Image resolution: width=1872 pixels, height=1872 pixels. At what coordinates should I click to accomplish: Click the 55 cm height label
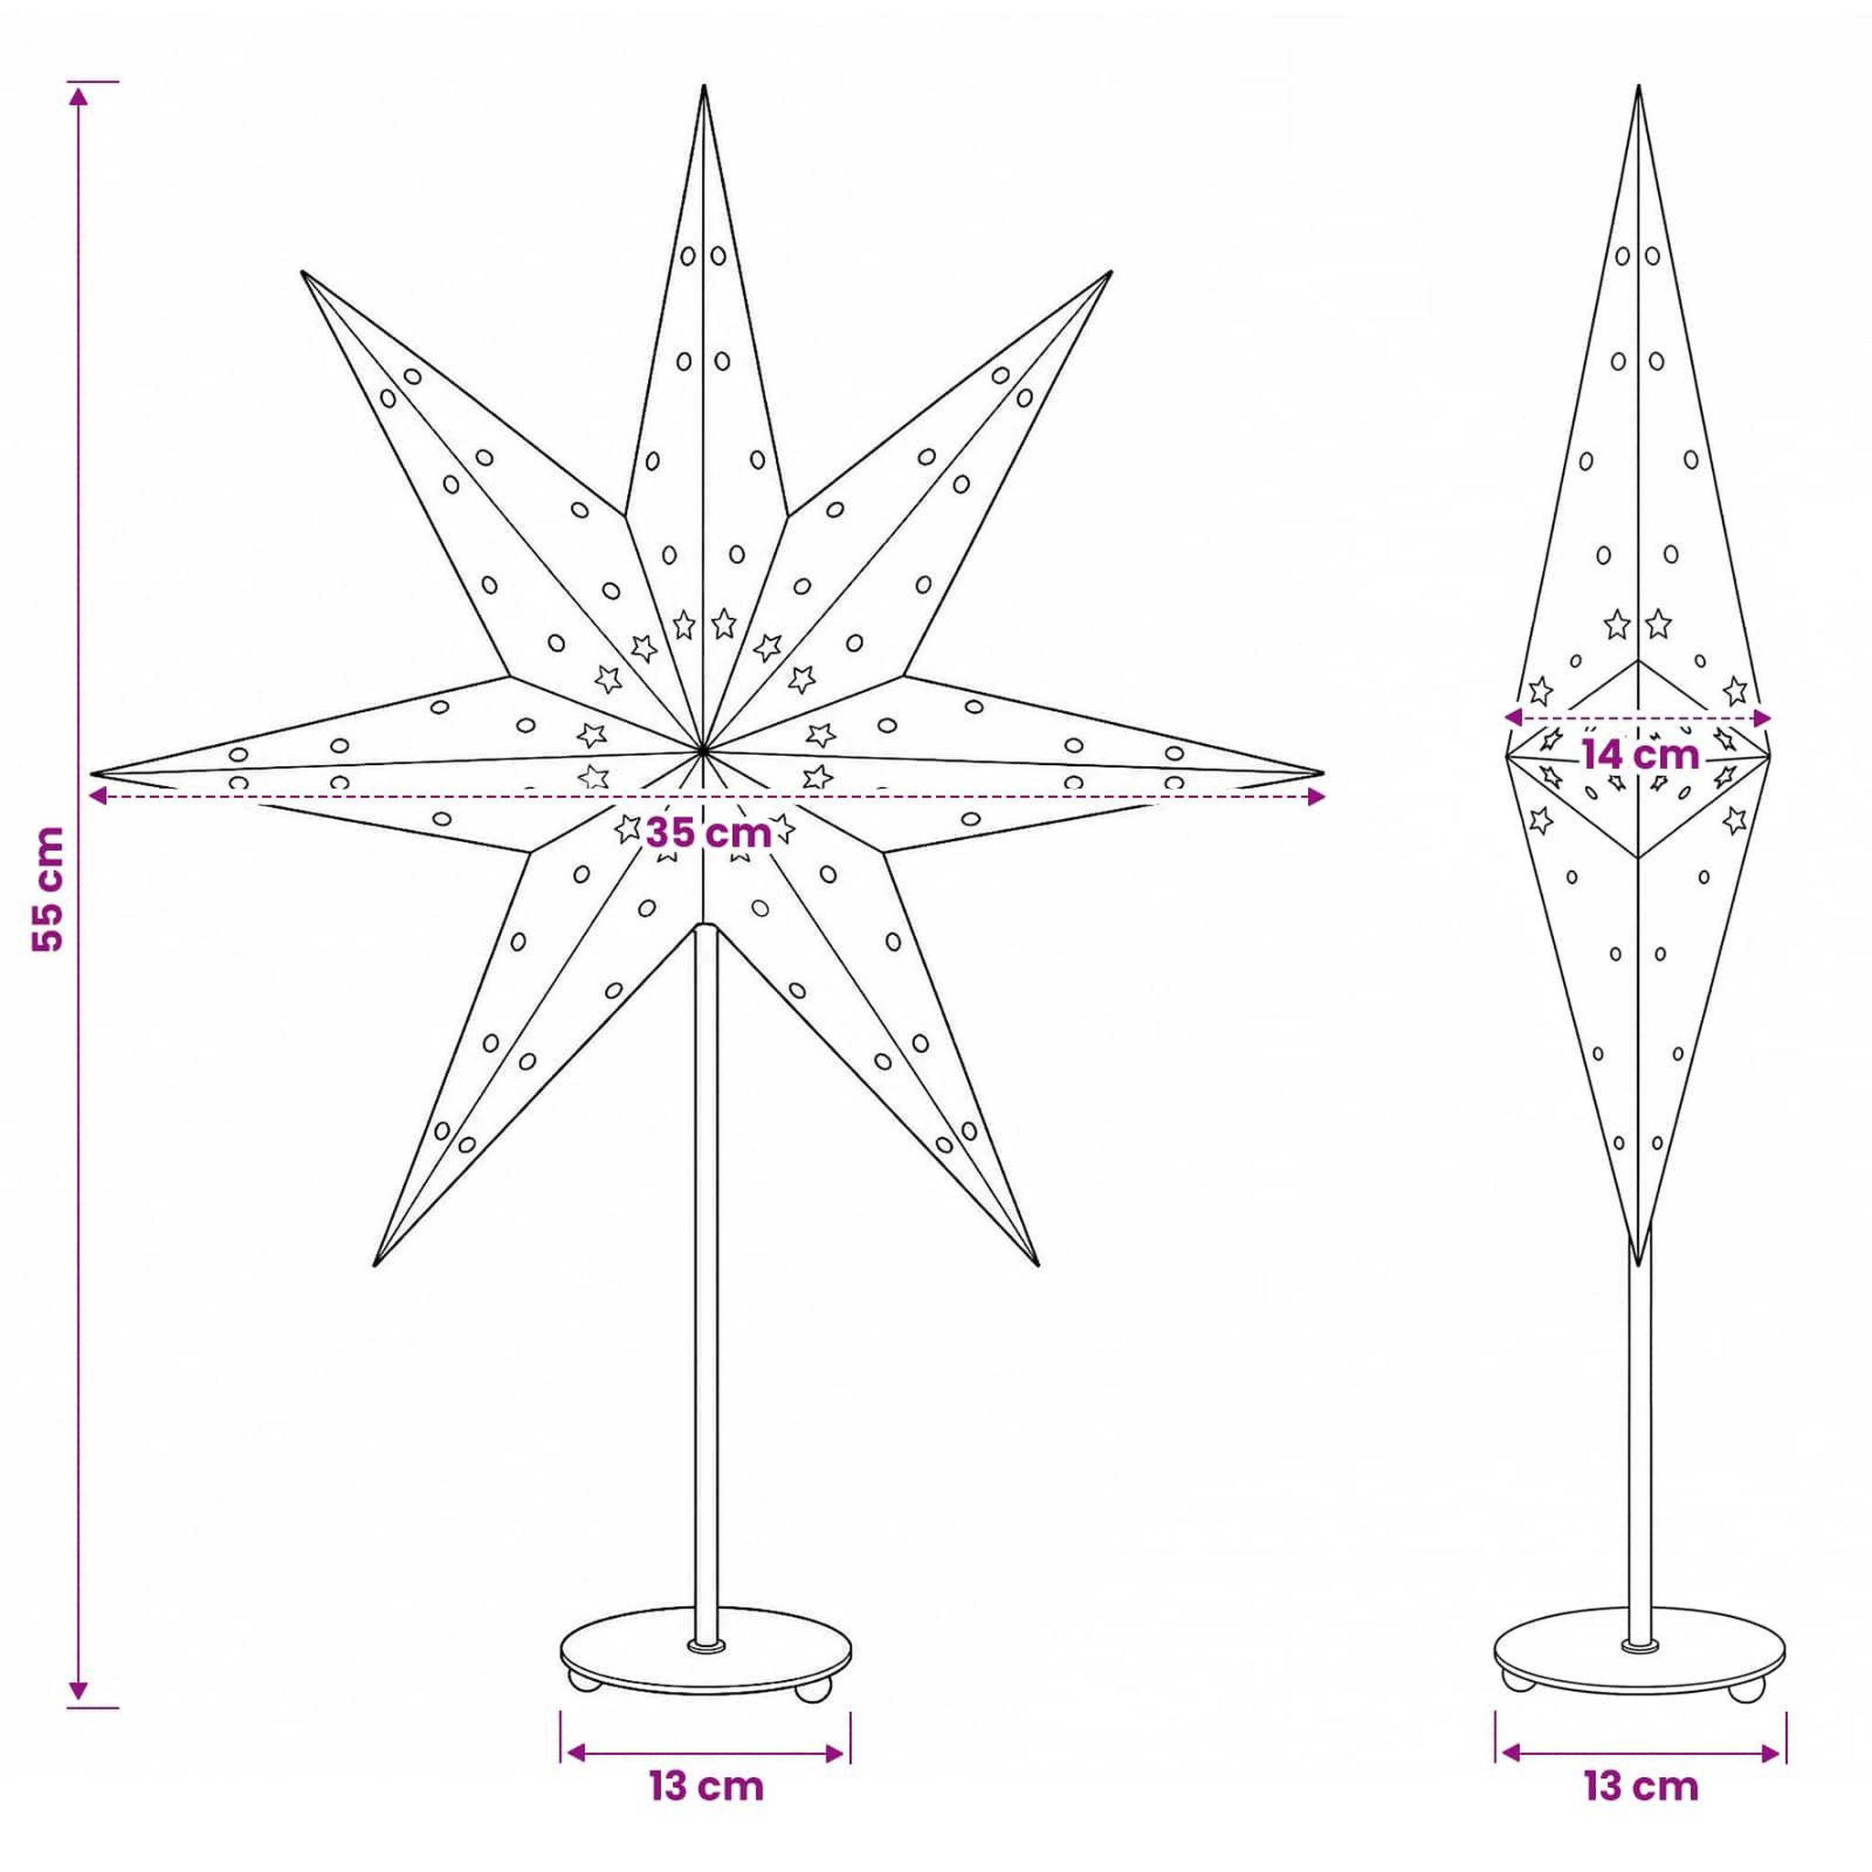[48, 888]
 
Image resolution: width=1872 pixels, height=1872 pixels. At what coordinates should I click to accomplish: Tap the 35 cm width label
[708, 833]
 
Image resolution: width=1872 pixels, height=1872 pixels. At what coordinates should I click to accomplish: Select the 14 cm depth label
[1642, 754]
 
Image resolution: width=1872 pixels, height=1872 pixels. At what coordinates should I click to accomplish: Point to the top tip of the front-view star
[705, 86]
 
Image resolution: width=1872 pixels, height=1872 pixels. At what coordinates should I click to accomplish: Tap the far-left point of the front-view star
[93, 773]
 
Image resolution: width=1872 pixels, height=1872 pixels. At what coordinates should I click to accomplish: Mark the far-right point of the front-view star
[1322, 773]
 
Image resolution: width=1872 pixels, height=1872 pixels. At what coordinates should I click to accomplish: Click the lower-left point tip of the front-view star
[375, 1265]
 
